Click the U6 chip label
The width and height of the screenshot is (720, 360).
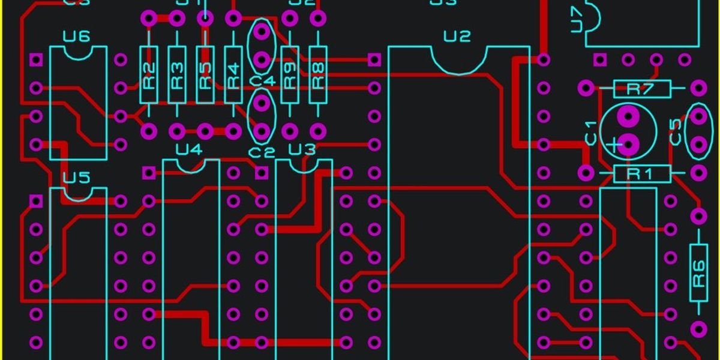point(76,37)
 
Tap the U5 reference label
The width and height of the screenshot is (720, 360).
point(76,178)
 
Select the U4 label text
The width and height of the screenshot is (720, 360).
point(189,149)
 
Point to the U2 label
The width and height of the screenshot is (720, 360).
point(457,37)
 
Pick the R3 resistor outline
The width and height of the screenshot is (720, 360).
point(177,74)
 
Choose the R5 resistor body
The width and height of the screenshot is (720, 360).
point(205,74)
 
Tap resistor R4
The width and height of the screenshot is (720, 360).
point(233,74)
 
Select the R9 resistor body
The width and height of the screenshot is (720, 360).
point(290,74)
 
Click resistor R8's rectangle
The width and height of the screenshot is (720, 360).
point(318,74)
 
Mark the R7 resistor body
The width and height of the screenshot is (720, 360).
point(641,89)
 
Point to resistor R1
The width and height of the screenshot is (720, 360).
point(641,174)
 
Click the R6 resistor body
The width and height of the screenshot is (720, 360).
point(698,272)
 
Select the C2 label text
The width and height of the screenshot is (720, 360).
point(262,152)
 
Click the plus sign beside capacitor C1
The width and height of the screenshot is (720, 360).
point(613,144)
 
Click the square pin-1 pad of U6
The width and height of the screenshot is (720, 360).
point(36,59)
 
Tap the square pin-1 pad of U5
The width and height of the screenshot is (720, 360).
point(36,200)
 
